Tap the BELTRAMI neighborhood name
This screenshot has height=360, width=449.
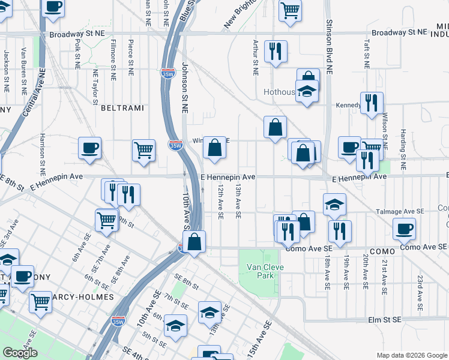122,108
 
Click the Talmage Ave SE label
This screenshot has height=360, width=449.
400,211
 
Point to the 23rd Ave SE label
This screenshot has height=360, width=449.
420,289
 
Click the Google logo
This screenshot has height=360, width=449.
20,353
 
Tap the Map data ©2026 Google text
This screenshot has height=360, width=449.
412,355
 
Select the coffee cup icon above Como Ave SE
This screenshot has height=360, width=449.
405,228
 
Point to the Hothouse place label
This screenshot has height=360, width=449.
280,92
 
